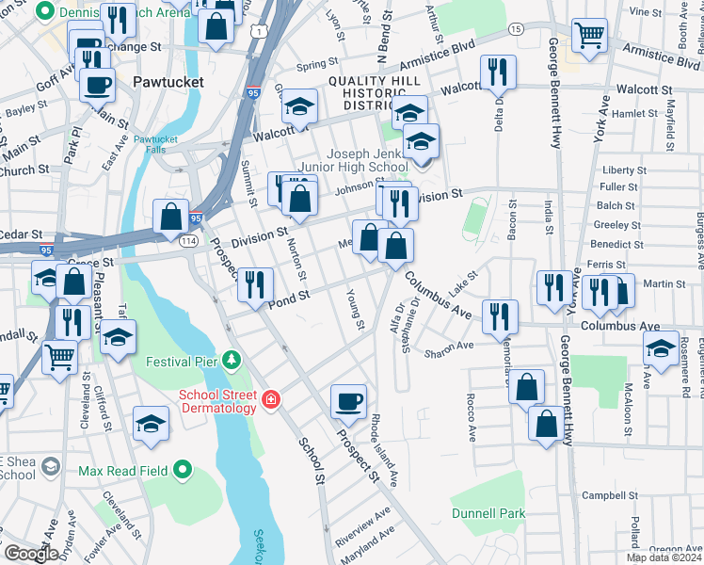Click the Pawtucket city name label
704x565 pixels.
tap(168, 82)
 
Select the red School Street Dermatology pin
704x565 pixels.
tap(271, 400)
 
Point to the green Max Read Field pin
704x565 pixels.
tap(182, 469)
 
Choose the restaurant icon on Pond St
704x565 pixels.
tap(254, 285)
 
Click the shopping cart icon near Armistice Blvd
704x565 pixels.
tap(589, 37)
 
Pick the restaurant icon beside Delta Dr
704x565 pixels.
tap(497, 72)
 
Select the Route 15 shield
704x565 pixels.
tap(515, 30)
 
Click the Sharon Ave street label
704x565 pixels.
tap(448, 347)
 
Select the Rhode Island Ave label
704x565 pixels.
tap(385, 448)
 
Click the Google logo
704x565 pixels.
tap(30, 553)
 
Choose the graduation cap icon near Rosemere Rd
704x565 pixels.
tap(661, 347)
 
